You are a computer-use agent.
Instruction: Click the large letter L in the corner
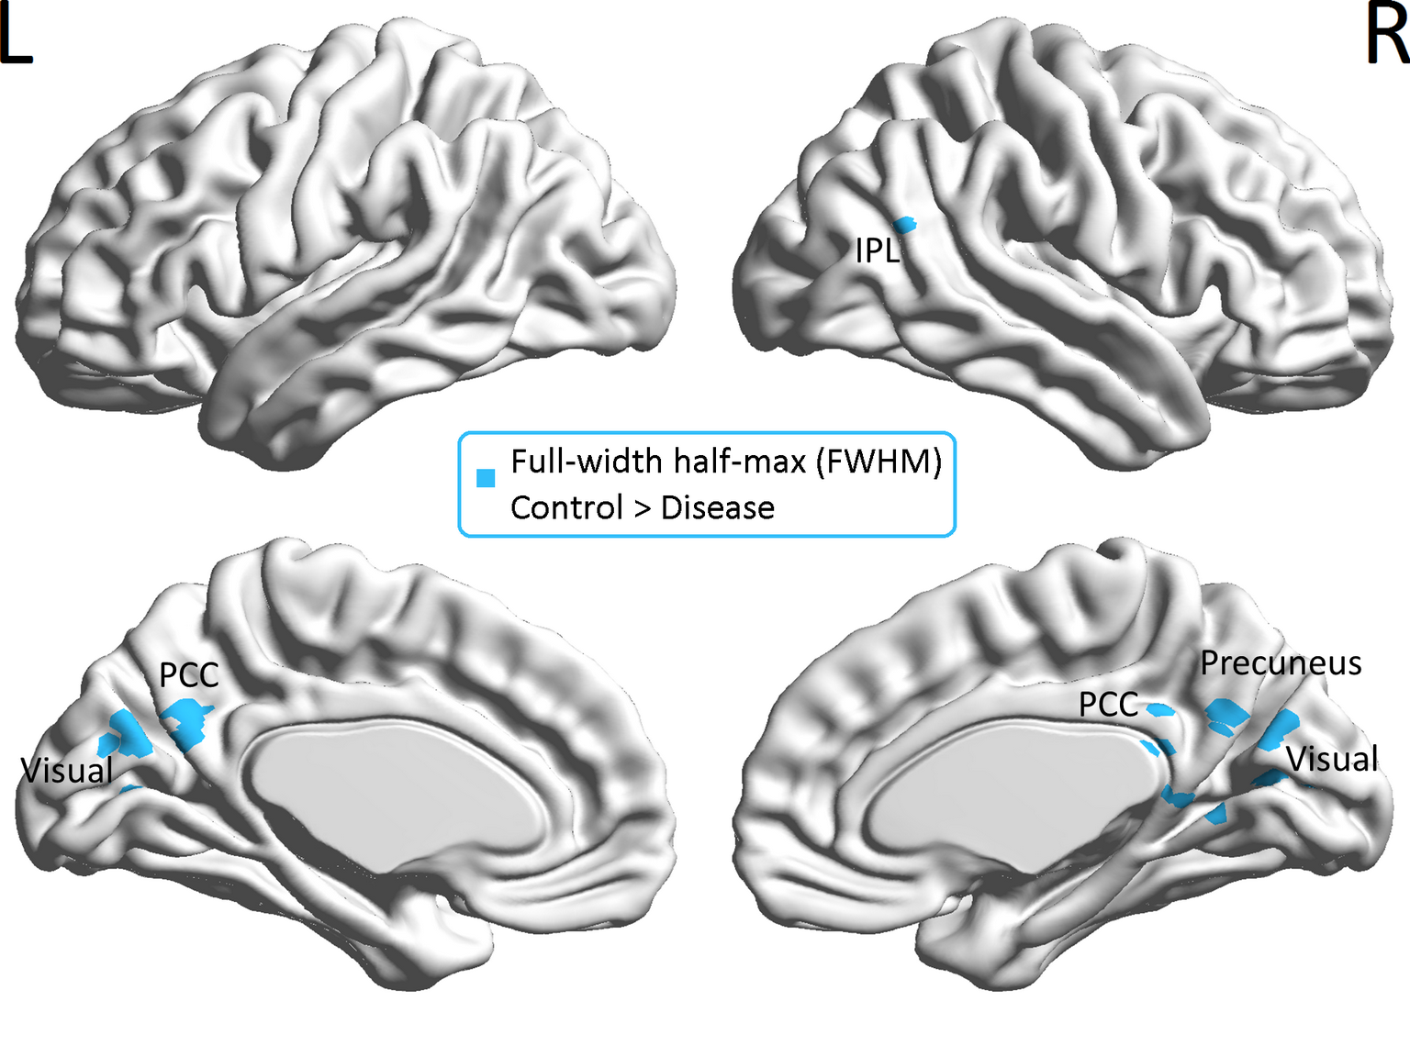(15, 37)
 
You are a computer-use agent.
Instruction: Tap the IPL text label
(877, 250)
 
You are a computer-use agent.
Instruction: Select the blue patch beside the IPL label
(905, 225)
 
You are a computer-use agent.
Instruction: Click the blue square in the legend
(486, 478)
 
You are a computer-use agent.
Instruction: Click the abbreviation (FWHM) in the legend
(883, 462)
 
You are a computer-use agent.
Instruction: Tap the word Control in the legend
(566, 507)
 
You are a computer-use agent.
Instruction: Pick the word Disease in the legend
(717, 507)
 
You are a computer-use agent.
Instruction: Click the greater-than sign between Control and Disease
(642, 508)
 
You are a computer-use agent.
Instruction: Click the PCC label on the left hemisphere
(188, 675)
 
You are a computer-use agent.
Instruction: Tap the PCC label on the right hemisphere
(1108, 705)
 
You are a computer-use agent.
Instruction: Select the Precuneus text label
(1281, 663)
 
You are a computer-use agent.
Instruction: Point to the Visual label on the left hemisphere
(67, 771)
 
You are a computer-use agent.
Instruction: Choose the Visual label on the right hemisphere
(1332, 760)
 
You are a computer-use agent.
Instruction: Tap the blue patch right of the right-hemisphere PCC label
(1159, 709)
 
